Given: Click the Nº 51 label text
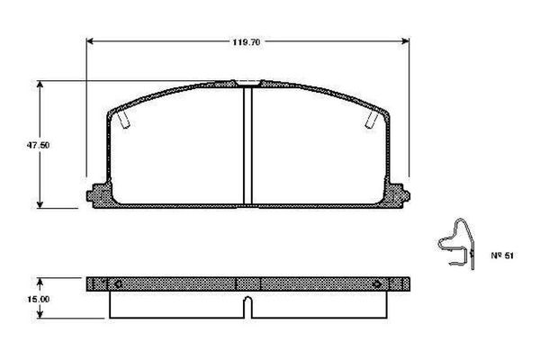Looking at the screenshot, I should tap(501, 256).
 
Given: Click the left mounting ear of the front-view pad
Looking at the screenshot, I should tap(97, 193).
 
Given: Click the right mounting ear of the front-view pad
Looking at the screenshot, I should tap(398, 193).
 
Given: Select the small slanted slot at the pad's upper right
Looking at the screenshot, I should tap(370, 119).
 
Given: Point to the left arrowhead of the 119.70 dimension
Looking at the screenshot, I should tap(90, 41).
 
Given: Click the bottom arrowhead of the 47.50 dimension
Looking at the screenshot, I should tap(40, 204).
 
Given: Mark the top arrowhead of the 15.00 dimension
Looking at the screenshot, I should tap(40, 279).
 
